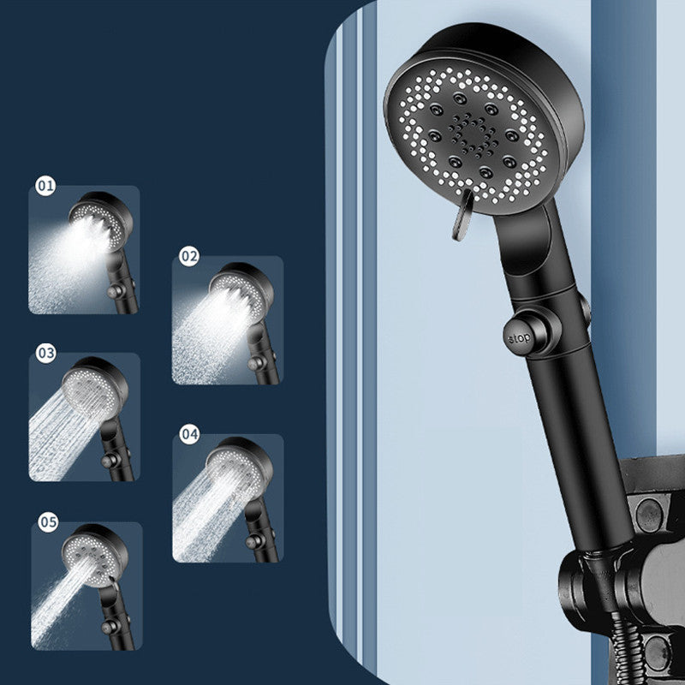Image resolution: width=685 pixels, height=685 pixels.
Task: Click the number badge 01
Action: pos(45,186)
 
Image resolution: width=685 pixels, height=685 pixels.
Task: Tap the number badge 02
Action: pos(189,256)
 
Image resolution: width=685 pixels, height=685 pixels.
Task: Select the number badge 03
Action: pos(46,353)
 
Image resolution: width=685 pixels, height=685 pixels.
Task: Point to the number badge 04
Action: pos(189,434)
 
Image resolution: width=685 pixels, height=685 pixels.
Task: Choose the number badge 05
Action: pos(48,521)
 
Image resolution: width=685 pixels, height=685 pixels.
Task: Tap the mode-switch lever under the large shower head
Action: pos(463,215)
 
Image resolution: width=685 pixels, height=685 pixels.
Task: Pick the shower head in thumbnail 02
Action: pos(241,290)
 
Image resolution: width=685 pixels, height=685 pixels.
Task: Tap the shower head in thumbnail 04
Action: pos(240,468)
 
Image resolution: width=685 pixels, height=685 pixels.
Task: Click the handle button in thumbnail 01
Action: pos(115,291)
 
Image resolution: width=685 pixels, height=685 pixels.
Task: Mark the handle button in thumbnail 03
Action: pos(110,461)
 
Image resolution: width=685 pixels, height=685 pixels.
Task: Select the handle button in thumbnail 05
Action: pos(110,628)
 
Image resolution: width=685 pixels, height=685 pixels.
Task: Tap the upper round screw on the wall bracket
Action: pos(649,515)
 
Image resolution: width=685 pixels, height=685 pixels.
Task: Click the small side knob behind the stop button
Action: pos(585,309)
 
